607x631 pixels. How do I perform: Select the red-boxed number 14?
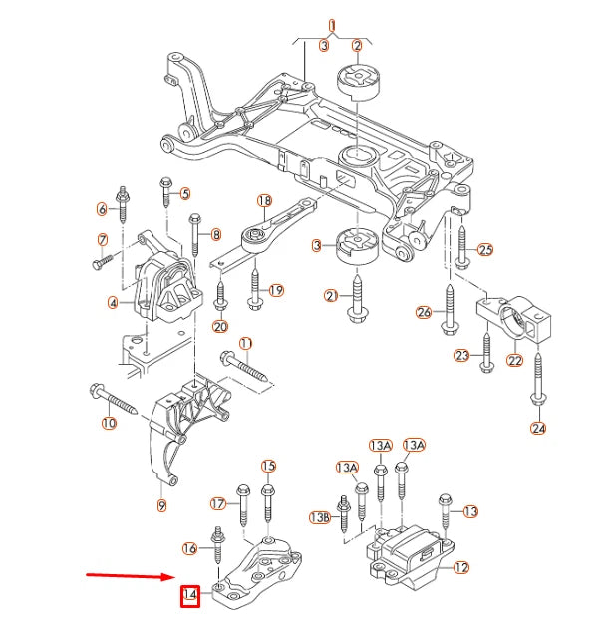pos(189,598)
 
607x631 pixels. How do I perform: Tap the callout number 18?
pos(264,201)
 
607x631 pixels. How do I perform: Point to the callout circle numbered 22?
pos(515,360)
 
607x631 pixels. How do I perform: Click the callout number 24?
pos(539,430)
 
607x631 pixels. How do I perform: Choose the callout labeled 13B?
pos(319,517)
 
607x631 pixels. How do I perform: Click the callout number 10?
pos(108,423)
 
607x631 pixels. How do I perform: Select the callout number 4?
pos(114,302)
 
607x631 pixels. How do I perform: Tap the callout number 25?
pos(485,249)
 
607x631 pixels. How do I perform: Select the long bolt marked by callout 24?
pos(538,375)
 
